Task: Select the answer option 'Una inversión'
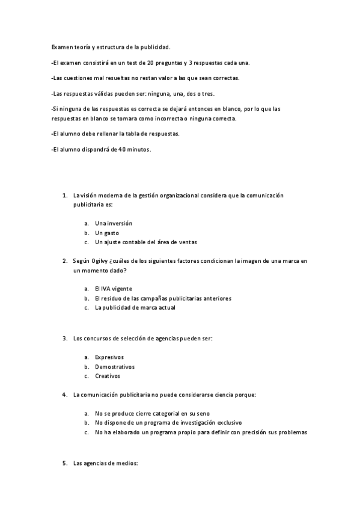point(114,223)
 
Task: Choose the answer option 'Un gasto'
point(107,233)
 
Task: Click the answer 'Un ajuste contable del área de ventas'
point(145,242)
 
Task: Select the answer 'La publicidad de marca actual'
point(135,307)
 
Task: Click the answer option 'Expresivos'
point(109,357)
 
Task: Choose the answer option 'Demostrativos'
point(114,367)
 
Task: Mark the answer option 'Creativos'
point(108,376)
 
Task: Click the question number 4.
point(64,395)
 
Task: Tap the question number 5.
point(64,464)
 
